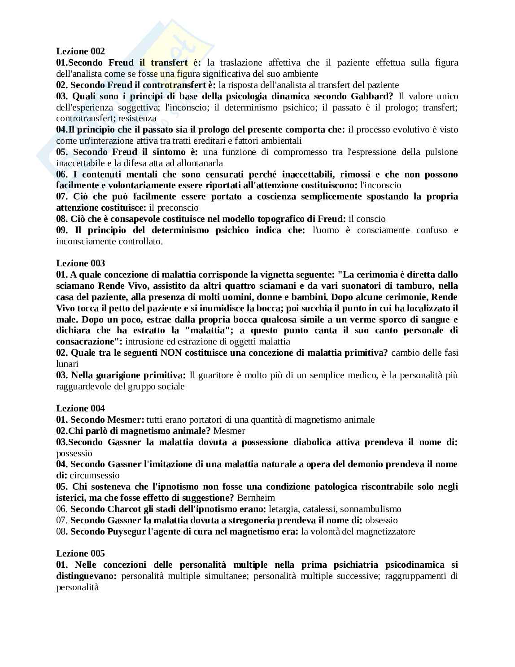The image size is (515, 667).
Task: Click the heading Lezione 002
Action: click(80, 51)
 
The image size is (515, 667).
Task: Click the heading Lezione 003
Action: click(80, 263)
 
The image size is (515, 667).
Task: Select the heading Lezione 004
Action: click(80, 408)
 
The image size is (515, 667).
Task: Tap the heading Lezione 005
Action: click(80, 553)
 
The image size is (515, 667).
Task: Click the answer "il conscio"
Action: click(367, 219)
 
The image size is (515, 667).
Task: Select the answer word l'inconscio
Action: click(381, 185)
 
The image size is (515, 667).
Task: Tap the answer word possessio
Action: click(74, 453)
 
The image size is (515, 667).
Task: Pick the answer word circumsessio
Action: click(95, 475)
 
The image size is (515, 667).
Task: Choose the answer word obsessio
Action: click(381, 520)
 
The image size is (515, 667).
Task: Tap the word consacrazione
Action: click(90, 341)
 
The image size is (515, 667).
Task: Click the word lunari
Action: click(67, 364)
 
